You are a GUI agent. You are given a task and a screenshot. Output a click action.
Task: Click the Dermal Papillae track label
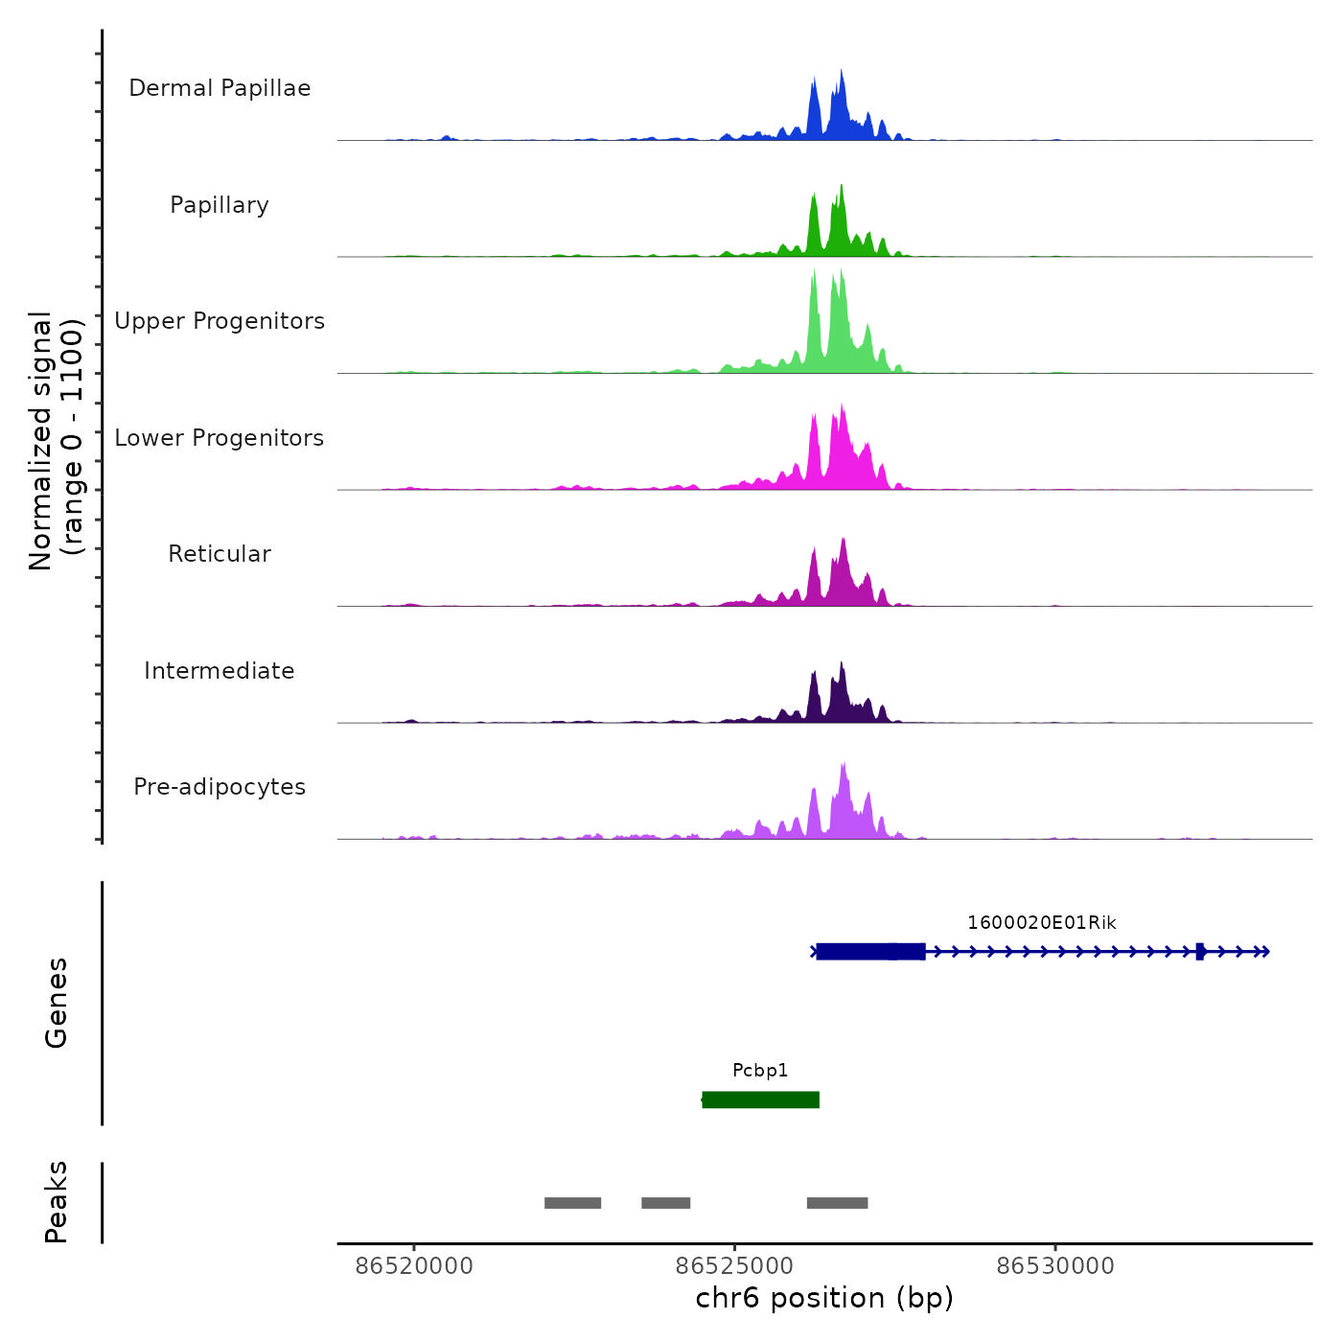220,88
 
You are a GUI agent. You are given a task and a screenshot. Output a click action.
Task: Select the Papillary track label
220,205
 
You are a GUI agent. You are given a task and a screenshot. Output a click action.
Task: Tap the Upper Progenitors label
220,321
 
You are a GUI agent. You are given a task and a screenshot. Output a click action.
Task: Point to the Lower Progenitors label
220,438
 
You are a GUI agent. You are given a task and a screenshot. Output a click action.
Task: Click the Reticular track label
220,554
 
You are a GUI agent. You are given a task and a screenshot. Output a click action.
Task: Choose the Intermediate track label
220,671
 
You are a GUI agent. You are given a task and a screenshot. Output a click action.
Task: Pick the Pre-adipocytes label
220,787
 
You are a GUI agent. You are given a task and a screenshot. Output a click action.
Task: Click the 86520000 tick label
414,1266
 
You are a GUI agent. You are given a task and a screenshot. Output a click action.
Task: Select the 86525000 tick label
734,1266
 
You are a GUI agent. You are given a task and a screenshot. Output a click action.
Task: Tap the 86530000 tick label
1055,1266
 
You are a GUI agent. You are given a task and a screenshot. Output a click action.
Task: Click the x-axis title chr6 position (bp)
824,1299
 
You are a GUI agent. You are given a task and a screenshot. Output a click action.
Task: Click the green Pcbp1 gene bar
760,1099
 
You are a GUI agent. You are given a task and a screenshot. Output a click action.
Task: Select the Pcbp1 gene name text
760,1071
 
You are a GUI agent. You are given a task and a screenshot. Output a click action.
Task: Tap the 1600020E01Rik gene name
1041,923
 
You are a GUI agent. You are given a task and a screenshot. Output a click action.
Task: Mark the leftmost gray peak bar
572,1203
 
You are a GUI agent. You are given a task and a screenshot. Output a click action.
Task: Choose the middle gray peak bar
665,1203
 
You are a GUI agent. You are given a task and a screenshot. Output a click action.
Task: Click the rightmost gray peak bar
837,1203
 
